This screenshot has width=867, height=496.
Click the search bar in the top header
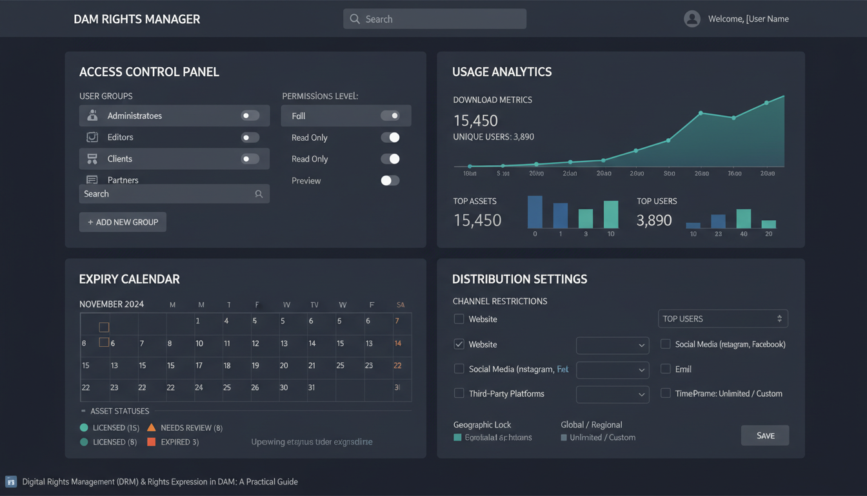(434, 19)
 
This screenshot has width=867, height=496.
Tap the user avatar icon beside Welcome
(692, 19)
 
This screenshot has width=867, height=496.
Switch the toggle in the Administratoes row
(250, 116)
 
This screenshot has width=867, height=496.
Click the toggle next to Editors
(250, 138)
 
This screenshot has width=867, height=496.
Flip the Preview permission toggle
(390, 181)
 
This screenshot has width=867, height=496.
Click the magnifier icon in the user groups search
(259, 194)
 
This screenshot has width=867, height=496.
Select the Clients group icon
(92, 159)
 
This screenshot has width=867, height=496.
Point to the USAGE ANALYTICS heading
(502, 72)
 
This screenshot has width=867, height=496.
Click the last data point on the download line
(766, 103)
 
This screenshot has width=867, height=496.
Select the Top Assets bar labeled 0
(535, 212)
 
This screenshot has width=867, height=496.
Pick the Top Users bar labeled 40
(743, 218)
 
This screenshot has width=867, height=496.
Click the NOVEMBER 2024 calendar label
(112, 304)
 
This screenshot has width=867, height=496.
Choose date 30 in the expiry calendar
(283, 387)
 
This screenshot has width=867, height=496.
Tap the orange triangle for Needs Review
(152, 428)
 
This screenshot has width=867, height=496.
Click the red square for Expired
(152, 442)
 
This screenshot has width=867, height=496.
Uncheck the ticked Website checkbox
(459, 344)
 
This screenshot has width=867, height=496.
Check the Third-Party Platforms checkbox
(459, 393)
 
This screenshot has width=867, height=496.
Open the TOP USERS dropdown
(722, 318)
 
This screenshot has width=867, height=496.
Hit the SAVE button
(765, 435)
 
